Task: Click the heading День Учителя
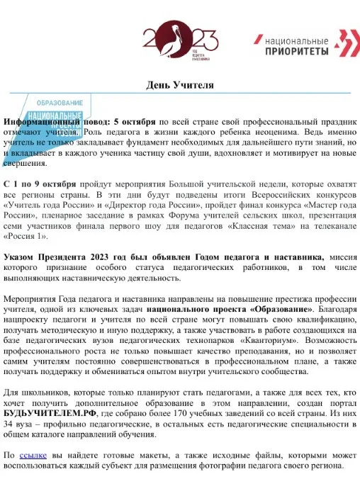(179, 85)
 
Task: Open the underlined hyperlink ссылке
(33, 454)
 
